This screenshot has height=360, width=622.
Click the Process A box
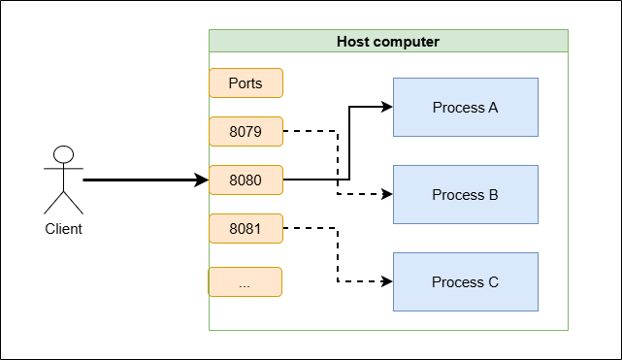point(466,107)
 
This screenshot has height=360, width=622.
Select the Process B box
point(466,194)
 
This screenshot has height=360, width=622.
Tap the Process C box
point(466,281)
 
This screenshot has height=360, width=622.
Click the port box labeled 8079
point(246,131)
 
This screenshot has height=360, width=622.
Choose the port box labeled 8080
point(246,180)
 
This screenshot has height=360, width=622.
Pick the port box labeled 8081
point(246,228)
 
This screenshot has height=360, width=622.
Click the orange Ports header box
point(246,82)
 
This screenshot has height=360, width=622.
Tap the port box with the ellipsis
point(246,282)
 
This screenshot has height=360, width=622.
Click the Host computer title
point(388,42)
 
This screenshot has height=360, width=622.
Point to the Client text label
point(63,229)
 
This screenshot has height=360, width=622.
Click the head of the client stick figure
point(63,154)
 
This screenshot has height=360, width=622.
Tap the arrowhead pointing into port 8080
point(202,180)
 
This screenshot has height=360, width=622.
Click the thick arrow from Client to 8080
point(146,180)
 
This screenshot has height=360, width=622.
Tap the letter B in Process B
point(494,195)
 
